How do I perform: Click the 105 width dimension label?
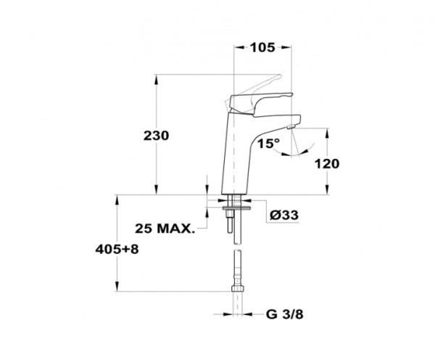(262, 47)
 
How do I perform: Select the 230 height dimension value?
(156, 136)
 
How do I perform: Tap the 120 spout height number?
(327, 164)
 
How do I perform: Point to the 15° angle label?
(269, 144)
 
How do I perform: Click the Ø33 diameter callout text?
(284, 215)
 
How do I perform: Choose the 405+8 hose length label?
(117, 250)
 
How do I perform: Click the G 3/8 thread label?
(285, 315)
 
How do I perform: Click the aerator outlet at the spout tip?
(291, 127)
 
